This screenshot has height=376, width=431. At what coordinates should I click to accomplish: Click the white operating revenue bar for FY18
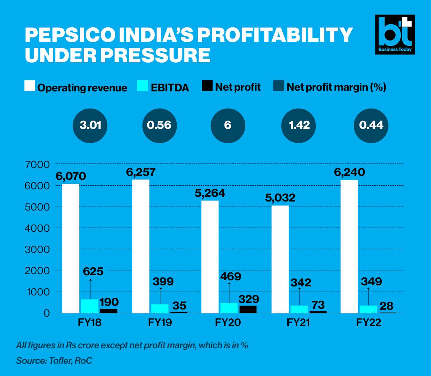70,248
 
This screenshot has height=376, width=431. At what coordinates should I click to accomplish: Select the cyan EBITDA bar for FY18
90,306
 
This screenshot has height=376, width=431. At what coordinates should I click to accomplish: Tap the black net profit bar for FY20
248,309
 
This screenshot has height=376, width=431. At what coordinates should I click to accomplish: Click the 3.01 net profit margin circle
90,125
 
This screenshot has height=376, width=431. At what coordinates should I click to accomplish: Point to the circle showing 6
227,125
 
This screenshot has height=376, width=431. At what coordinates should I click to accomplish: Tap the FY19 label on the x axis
160,322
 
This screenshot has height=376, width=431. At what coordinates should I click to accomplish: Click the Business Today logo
395,35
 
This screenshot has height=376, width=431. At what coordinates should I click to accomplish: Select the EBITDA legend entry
163,87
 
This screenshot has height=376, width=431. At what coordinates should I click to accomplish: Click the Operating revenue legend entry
76,87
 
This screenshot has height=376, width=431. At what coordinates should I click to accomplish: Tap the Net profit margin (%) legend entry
330,87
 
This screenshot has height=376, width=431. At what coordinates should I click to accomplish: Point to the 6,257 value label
140,172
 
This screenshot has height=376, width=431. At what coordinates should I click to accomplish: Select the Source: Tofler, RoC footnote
54,361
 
